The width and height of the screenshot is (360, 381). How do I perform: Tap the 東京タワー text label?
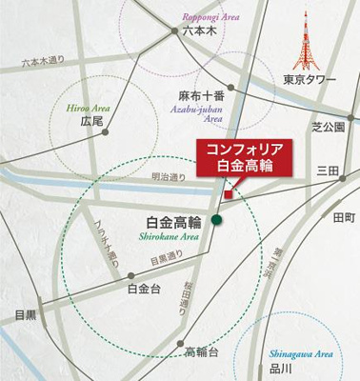point(310,80)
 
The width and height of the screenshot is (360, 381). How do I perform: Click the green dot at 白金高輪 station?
point(217,220)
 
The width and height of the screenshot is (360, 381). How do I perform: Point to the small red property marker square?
point(227,196)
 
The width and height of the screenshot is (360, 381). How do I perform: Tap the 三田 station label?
point(328,170)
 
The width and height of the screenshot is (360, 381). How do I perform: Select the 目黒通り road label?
point(140,257)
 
